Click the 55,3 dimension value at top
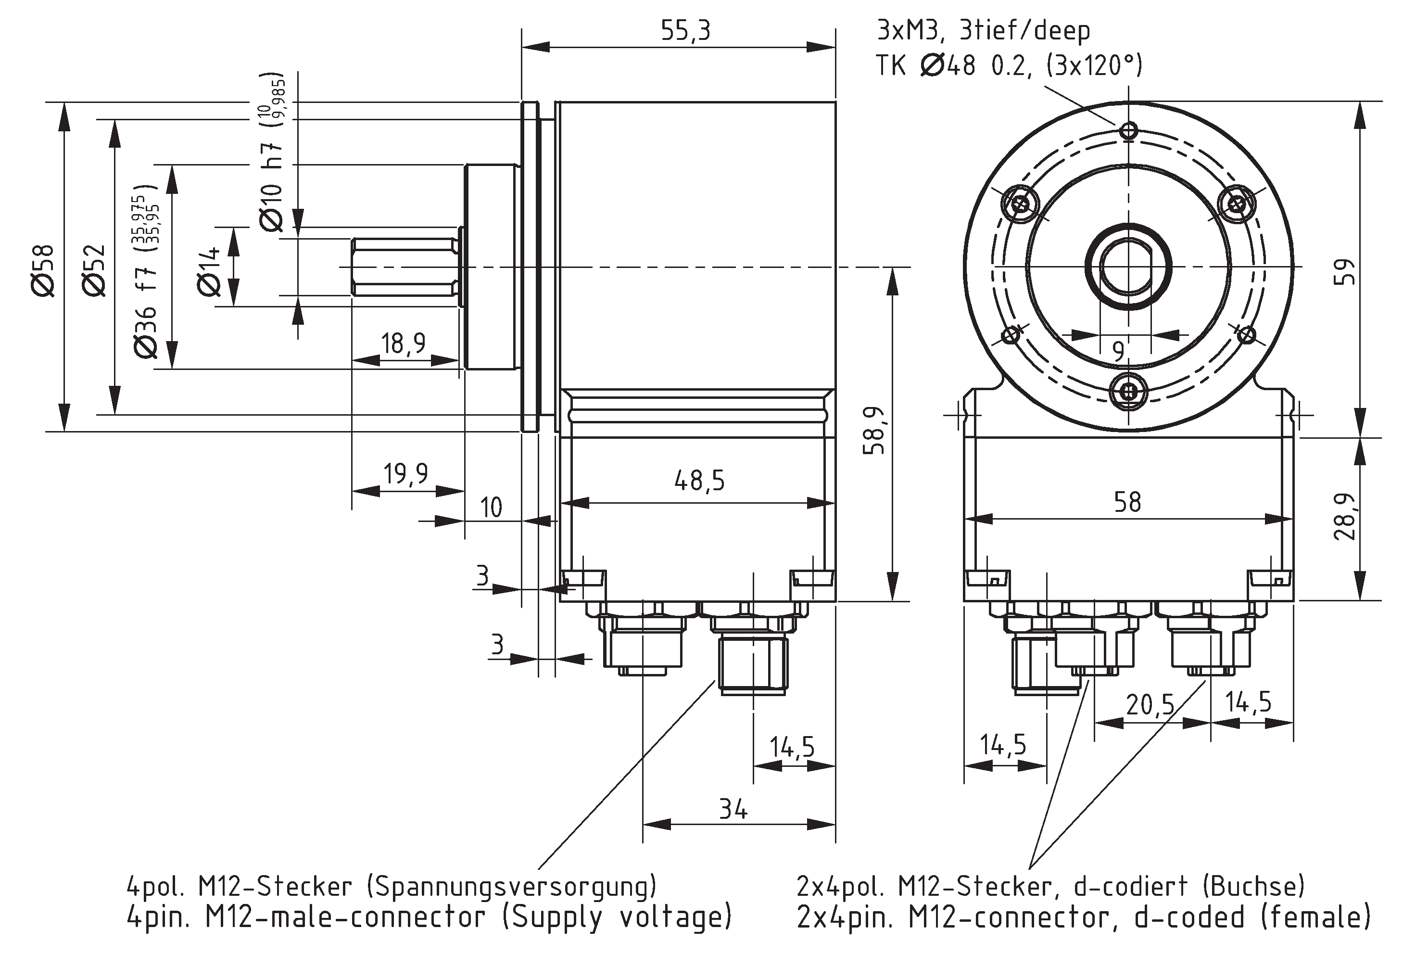pos(686,31)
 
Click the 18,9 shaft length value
pos(403,343)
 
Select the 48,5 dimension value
pos(699,481)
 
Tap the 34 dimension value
pos(733,809)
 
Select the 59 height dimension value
pos(1346,272)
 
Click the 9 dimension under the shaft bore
pos(1119,351)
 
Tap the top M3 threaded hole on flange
pos(1128,130)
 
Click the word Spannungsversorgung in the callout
pos(511,886)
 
